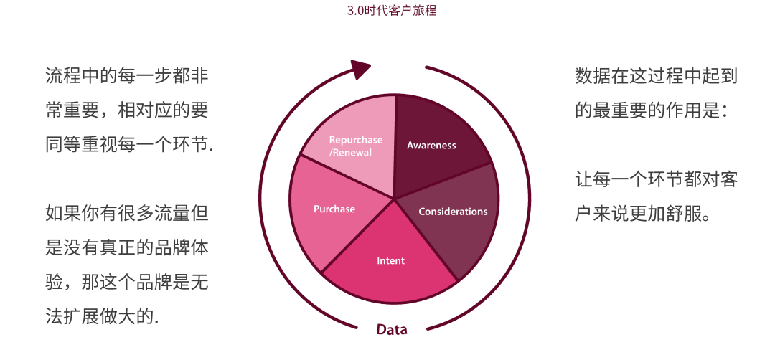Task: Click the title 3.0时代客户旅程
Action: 392,10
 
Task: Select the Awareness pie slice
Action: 435,143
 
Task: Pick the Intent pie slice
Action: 390,262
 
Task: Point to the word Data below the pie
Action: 392,329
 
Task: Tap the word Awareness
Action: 431,146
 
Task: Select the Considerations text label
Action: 453,212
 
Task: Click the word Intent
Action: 391,261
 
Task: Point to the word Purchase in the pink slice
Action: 334,209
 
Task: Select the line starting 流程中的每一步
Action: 127,77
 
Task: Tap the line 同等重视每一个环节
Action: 129,145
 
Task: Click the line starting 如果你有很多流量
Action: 127,214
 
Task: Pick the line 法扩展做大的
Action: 103,316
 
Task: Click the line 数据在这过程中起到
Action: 657,77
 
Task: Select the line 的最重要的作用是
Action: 652,111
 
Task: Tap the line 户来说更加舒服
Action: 643,214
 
